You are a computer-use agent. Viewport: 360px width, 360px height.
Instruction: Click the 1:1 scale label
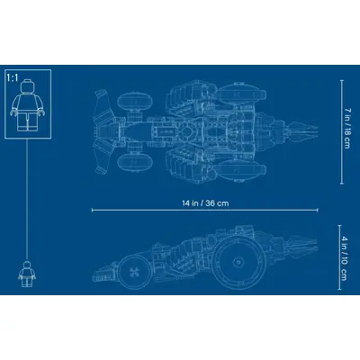click(13, 78)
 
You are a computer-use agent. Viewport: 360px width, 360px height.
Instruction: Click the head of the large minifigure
click(28, 85)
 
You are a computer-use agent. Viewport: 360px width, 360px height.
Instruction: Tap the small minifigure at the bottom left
click(27, 274)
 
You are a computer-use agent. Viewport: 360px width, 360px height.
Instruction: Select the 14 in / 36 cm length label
click(205, 203)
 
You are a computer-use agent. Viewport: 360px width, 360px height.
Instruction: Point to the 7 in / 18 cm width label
click(346, 129)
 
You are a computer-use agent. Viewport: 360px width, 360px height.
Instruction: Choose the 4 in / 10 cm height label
click(344, 258)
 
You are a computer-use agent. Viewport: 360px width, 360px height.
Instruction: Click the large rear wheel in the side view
click(238, 263)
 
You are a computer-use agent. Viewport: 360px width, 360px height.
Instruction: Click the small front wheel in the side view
click(133, 272)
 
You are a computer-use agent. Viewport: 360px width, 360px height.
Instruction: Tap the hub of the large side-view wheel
click(238, 263)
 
